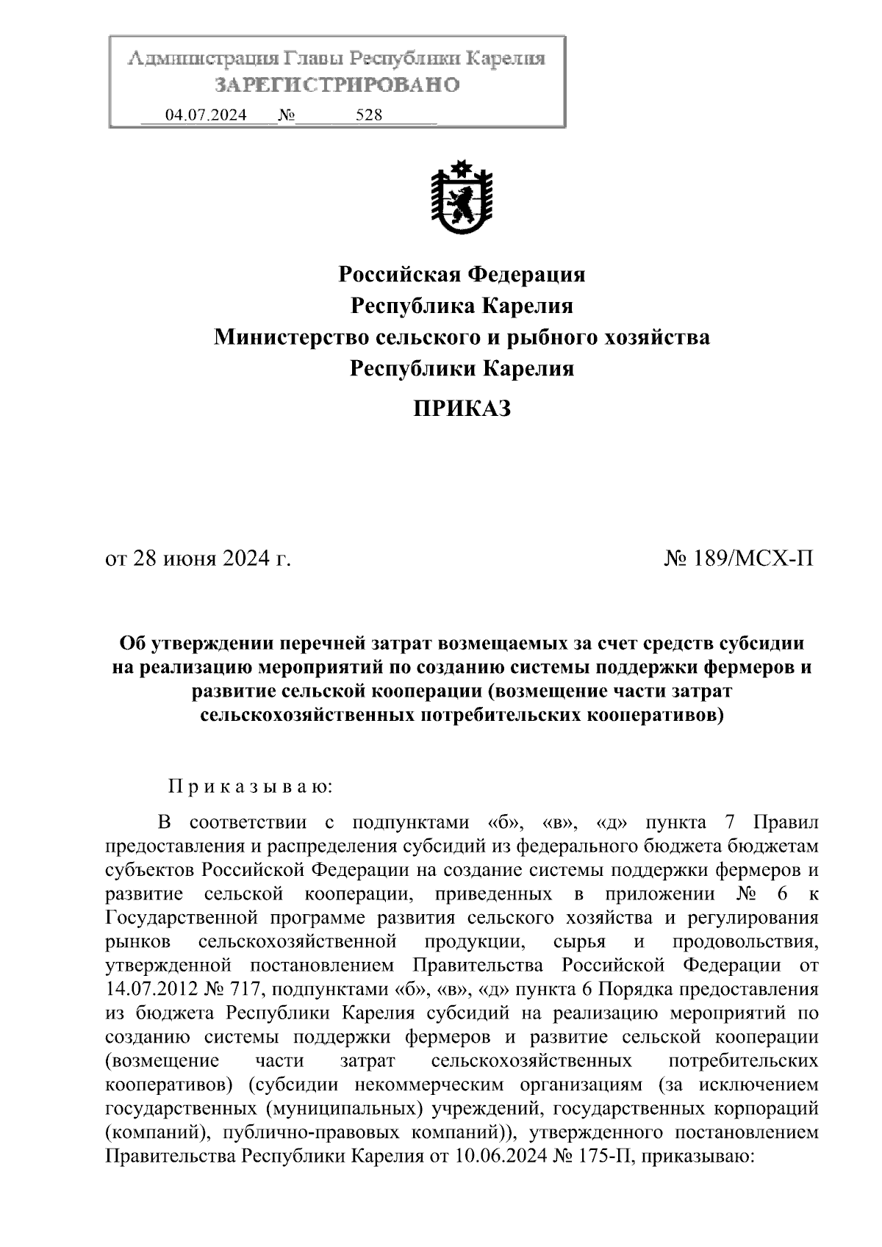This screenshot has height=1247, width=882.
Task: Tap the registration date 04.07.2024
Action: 206,115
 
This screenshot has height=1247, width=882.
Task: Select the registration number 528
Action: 368,115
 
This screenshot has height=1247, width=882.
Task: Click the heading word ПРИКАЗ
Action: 462,409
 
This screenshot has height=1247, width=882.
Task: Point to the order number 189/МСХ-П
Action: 753,559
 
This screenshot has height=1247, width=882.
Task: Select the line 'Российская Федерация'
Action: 462,275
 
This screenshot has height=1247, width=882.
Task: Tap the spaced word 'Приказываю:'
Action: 251,787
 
